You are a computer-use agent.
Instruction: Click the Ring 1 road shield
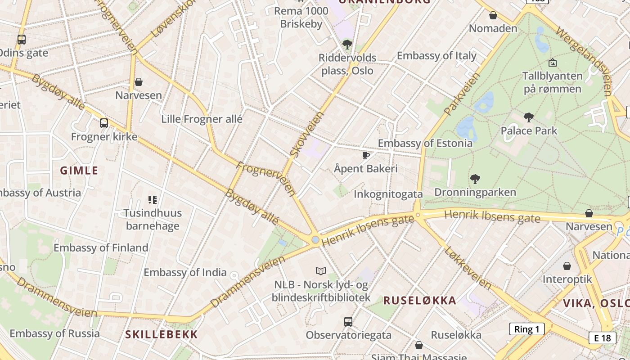click(x=526, y=329)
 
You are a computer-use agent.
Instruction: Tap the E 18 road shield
click(x=602, y=338)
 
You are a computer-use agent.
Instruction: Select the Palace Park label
click(x=529, y=131)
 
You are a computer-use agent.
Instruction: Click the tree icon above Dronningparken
click(x=475, y=179)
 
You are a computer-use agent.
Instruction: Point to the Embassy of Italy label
click(x=436, y=56)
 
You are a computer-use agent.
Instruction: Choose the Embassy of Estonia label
click(x=425, y=143)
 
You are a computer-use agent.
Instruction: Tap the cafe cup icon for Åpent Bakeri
click(x=366, y=156)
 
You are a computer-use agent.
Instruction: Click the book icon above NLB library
click(x=320, y=271)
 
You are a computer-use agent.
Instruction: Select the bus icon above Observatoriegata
click(x=348, y=321)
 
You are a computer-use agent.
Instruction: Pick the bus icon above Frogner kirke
click(x=104, y=123)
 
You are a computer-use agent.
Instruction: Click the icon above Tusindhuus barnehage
click(x=153, y=199)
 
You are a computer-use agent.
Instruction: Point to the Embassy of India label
click(x=185, y=272)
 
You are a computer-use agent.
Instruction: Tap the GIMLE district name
click(x=79, y=171)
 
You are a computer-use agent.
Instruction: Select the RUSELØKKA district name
click(x=419, y=301)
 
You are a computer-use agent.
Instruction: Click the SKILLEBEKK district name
click(x=162, y=334)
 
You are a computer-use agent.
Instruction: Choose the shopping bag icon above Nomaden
click(x=493, y=15)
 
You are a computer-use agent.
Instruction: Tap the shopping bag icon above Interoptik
click(x=567, y=266)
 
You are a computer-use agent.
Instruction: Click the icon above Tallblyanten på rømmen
click(x=552, y=63)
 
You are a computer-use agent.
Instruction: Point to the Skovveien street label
click(x=307, y=134)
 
